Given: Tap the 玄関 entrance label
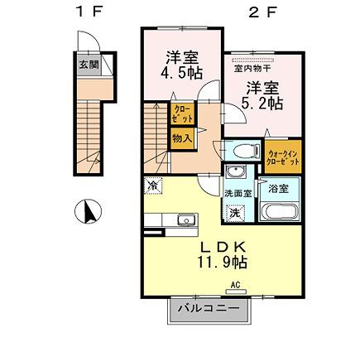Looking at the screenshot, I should (x=88, y=65).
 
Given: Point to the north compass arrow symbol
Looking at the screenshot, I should (x=86, y=212).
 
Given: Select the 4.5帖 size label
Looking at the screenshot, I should (x=181, y=73).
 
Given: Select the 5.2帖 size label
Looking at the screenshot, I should (x=262, y=104).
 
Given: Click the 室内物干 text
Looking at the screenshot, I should (x=251, y=70).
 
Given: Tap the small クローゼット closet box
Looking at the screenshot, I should (x=181, y=114).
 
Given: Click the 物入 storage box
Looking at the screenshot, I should (x=181, y=138).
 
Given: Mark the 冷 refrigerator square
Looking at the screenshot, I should (x=153, y=186).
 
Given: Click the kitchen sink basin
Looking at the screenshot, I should (x=185, y=220).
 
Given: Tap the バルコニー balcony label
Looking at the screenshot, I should (x=209, y=308).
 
